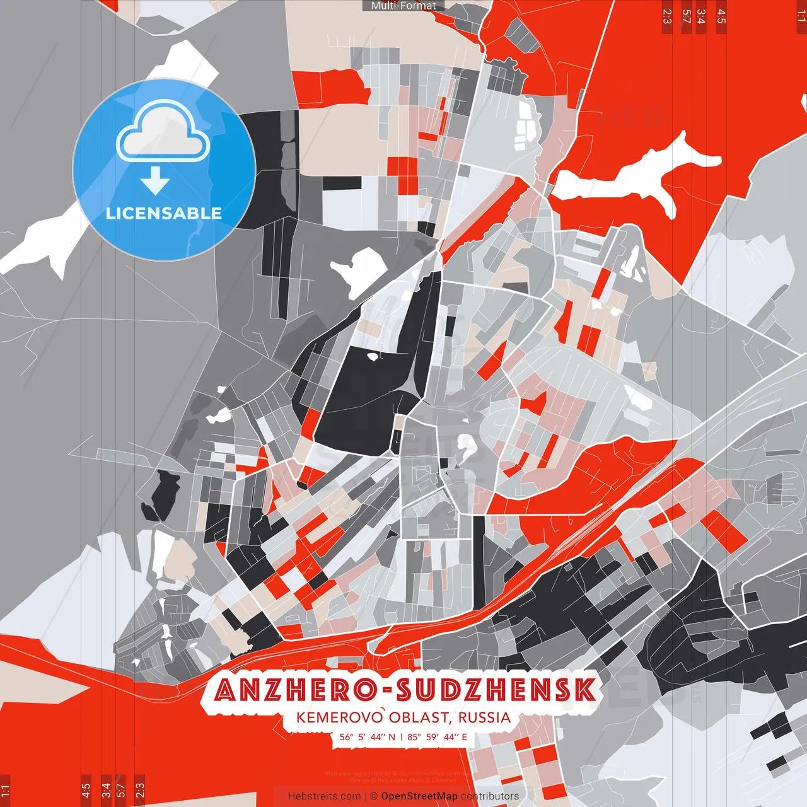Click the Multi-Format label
403,6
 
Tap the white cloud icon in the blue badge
163,134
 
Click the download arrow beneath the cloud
155,182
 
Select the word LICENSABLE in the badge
164,213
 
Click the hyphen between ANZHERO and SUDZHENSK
386,691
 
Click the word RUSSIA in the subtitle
484,717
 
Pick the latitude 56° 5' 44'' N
368,736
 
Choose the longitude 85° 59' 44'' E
438,736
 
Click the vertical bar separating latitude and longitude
402,736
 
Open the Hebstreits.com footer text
324,796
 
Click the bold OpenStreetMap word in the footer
419,796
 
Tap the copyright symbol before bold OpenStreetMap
373,796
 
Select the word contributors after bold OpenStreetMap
490,796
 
